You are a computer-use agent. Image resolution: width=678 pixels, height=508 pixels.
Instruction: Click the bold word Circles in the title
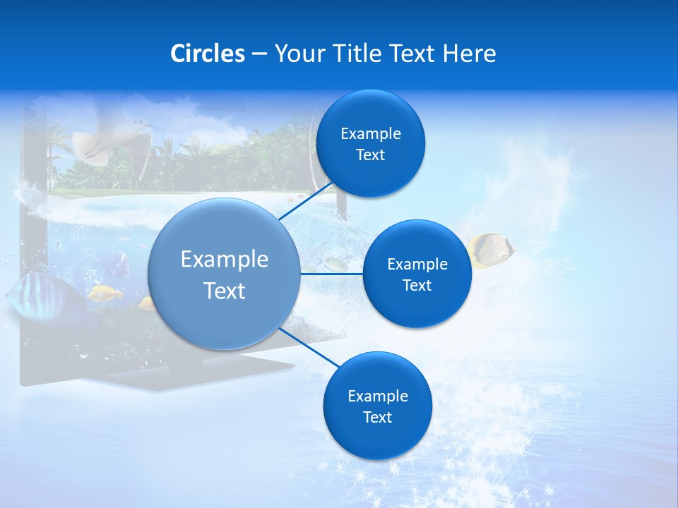pos(208,54)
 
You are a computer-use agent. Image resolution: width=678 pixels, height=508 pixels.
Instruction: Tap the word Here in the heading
pos(469,54)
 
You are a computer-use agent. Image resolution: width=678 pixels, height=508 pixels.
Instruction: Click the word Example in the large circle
pos(225,260)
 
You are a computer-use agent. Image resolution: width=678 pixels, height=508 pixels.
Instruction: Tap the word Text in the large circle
pos(225,291)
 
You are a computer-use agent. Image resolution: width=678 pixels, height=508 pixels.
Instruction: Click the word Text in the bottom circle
pos(378,417)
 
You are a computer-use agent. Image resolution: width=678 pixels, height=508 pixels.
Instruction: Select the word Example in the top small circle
pos(371,134)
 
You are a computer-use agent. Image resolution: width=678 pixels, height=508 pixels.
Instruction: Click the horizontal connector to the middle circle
pos(331,274)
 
